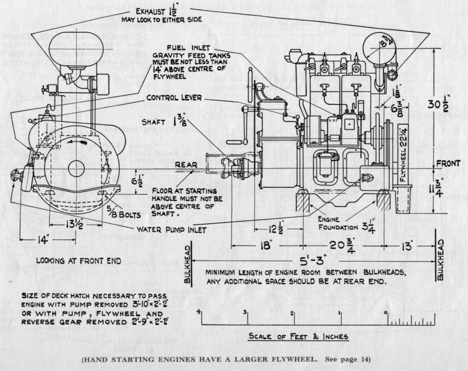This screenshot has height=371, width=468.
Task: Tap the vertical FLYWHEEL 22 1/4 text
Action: coord(403,152)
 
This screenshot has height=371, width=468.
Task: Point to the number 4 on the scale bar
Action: coord(199,312)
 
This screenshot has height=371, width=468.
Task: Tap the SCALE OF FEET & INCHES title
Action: coord(298,337)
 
